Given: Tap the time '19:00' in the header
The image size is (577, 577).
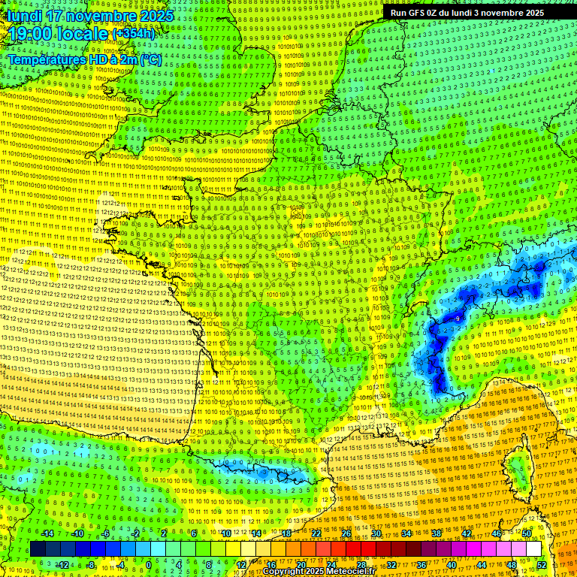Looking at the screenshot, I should pos(32,33).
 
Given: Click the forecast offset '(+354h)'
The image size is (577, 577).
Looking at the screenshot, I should pos(134,33).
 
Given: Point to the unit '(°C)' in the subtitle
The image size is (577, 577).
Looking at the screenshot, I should pos(149,59).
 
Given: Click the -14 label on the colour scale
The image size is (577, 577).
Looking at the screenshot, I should pos(47,533).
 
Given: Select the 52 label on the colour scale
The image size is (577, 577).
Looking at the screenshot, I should pos(542,565).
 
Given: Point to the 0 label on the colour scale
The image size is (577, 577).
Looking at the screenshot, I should pos(148,565).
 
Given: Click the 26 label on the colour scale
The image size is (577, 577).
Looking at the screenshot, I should pos(346,533).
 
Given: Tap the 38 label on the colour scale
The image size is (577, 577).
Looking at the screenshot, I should pos(436,533).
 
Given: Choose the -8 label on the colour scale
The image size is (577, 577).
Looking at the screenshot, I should pos(90,565).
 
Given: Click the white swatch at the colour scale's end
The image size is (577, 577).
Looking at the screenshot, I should pos(533,549).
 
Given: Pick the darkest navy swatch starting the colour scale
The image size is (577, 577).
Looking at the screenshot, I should pos(38,549).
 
